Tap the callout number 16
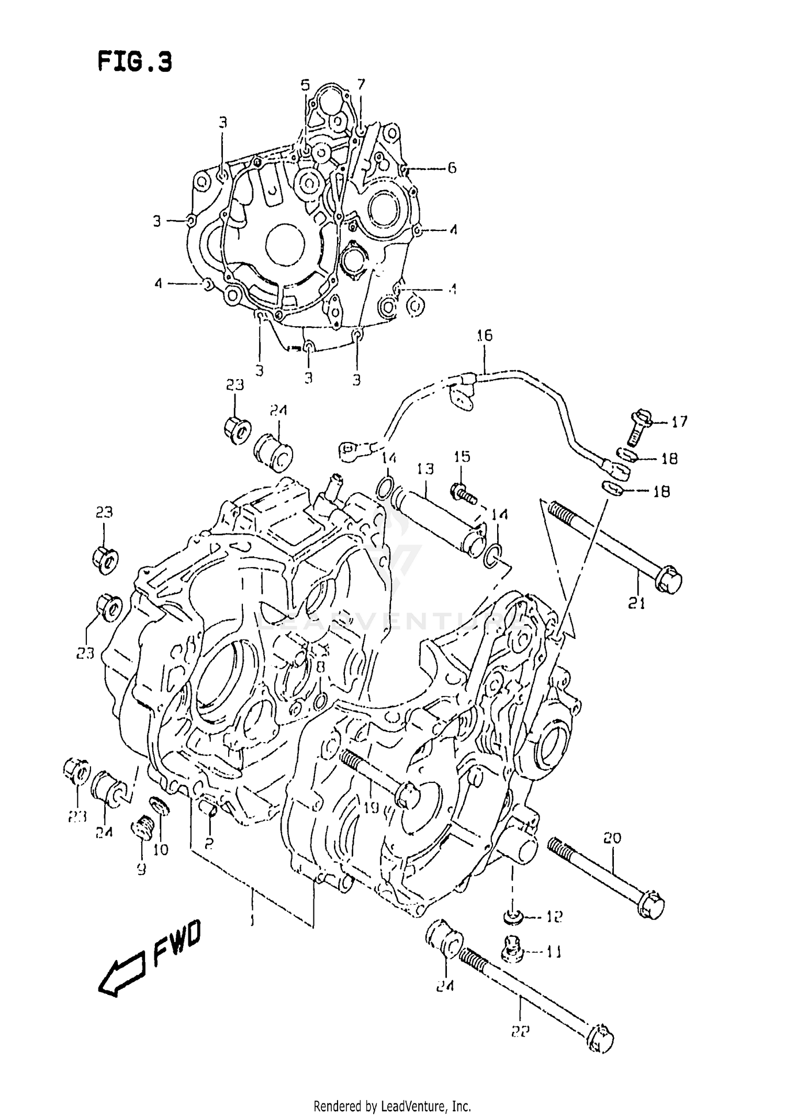[484, 335]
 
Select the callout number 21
[636, 604]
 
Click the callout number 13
[425, 469]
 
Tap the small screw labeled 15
[462, 492]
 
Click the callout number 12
[554, 916]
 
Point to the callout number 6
[451, 168]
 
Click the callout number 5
[305, 85]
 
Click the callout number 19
[371, 808]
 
